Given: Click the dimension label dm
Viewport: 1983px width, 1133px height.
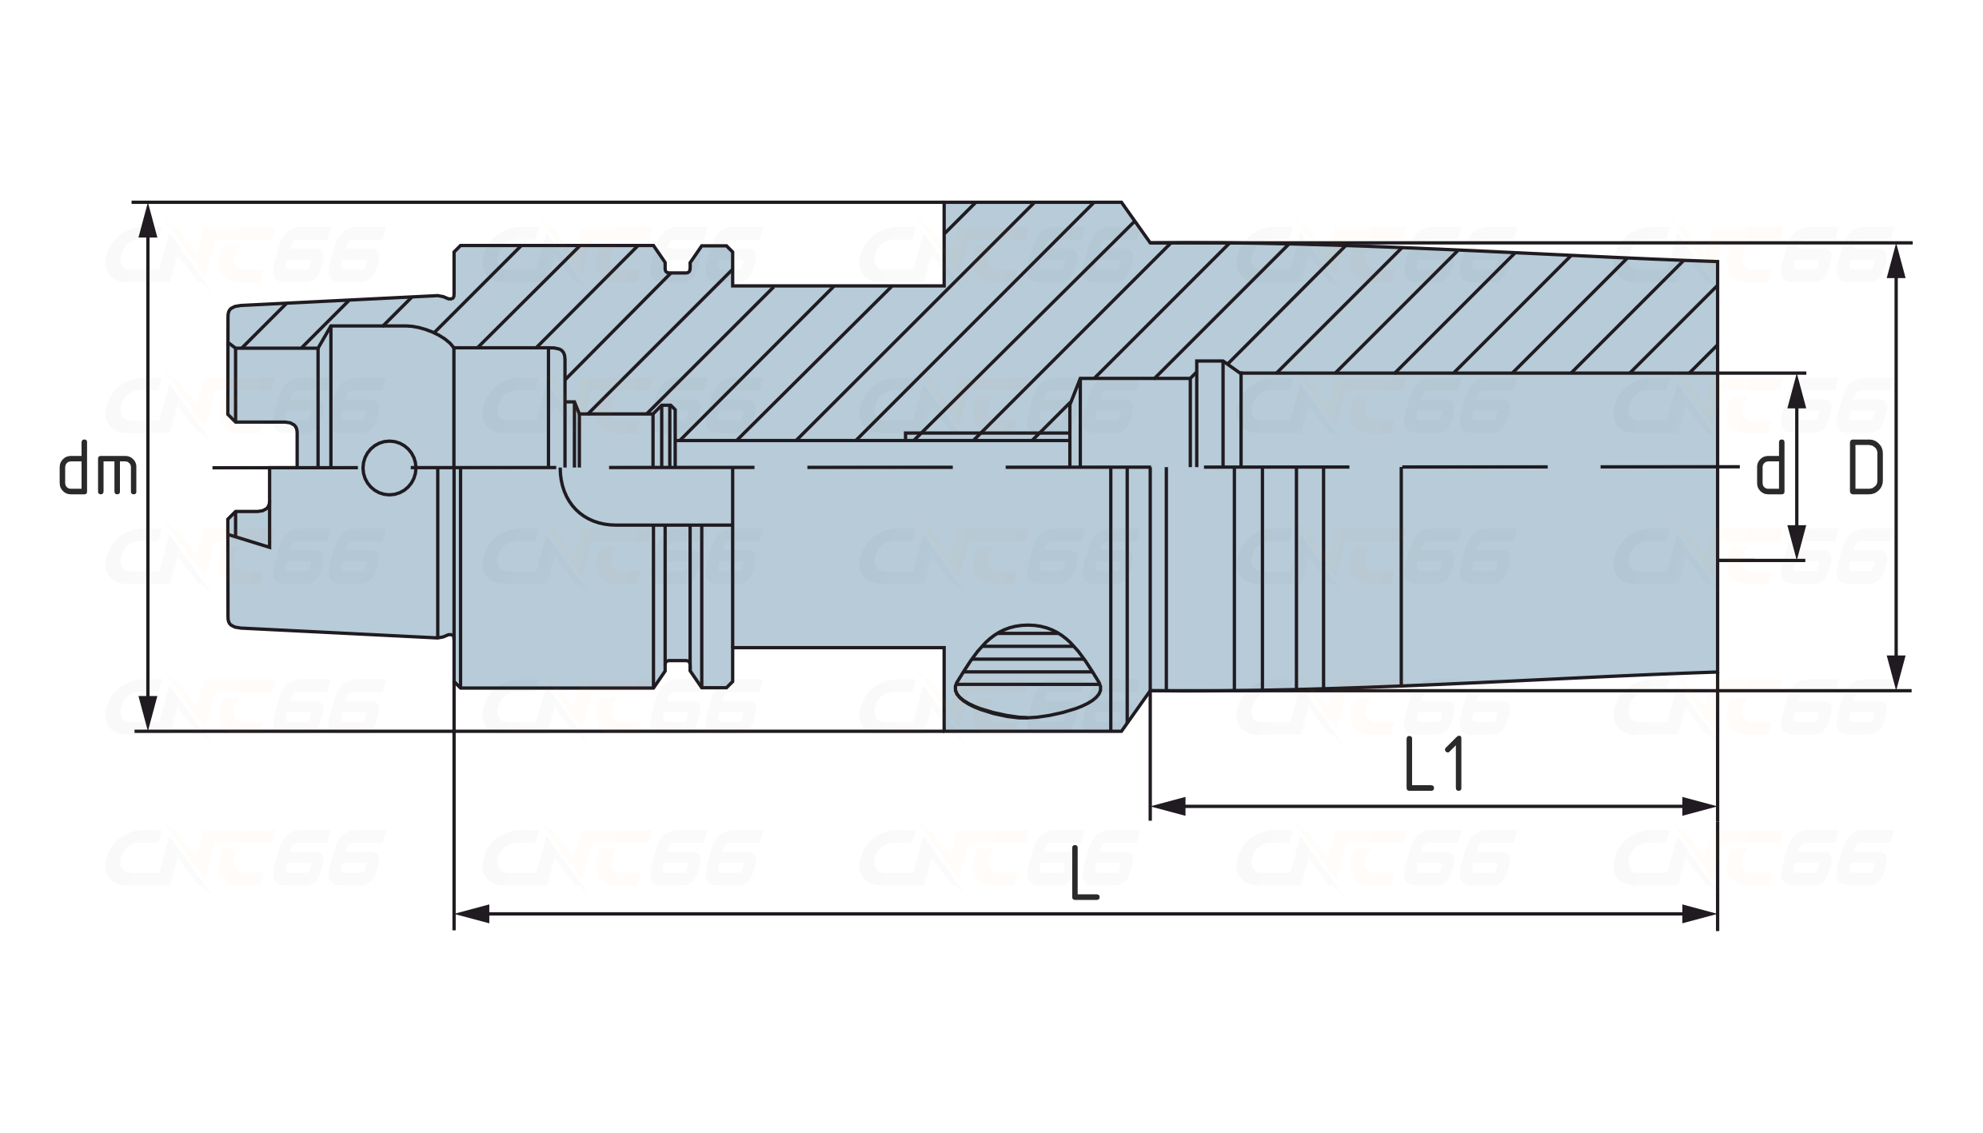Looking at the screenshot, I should [99, 467].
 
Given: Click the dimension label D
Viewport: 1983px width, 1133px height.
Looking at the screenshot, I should [1866, 468].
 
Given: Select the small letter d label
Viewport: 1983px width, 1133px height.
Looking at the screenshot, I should [1771, 468].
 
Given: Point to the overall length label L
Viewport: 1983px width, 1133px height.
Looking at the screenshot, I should [1085, 874].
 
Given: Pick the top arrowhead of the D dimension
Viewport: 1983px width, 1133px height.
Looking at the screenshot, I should [1894, 261].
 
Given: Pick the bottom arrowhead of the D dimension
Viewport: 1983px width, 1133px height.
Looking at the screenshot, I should [1894, 672].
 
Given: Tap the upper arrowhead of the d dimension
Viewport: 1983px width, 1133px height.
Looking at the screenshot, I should [1797, 391].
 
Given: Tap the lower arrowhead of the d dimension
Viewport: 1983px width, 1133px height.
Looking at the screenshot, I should [1797, 542].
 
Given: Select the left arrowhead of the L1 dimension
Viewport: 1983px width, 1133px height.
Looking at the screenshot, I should [1168, 807].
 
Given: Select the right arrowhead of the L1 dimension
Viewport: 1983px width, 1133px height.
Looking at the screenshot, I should [1699, 807].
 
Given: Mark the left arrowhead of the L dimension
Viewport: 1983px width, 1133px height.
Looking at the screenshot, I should [472, 913].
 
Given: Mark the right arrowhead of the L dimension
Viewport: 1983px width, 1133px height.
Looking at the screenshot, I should [1699, 913].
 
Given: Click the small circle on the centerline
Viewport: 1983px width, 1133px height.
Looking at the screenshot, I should [389, 468].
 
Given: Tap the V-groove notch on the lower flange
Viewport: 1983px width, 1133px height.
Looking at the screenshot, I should [678, 673].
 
